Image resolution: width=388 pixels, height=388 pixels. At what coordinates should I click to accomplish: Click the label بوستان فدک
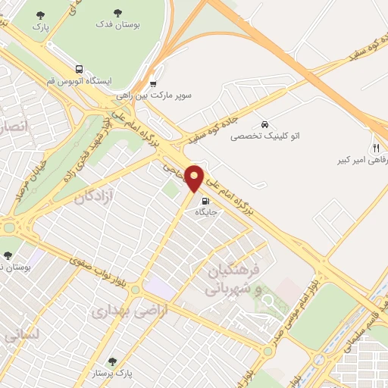pos(117,25)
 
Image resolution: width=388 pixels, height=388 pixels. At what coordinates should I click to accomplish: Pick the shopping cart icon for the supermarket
pos(154,84)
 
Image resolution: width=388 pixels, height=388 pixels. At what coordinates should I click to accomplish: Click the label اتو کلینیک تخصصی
pos(263,137)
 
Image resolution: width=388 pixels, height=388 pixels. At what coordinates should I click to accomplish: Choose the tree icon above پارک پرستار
pos(113,361)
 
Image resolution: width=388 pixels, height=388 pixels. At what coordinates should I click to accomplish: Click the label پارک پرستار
pos(114,374)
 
